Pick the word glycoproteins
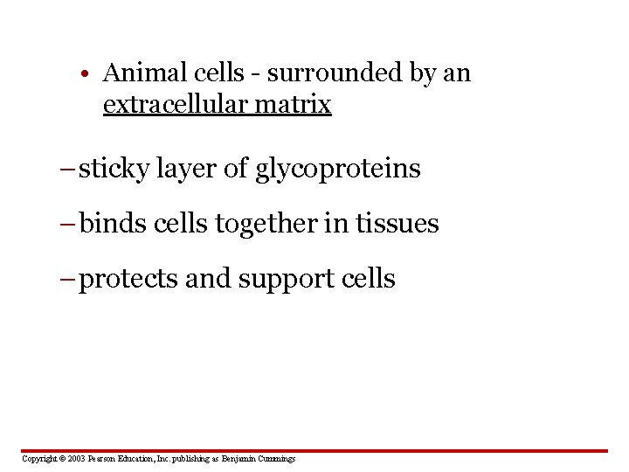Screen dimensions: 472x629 click(338, 169)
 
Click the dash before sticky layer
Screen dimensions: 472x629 click(69, 169)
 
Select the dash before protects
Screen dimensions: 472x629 click(69, 280)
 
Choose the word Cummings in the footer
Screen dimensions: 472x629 click(276, 459)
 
